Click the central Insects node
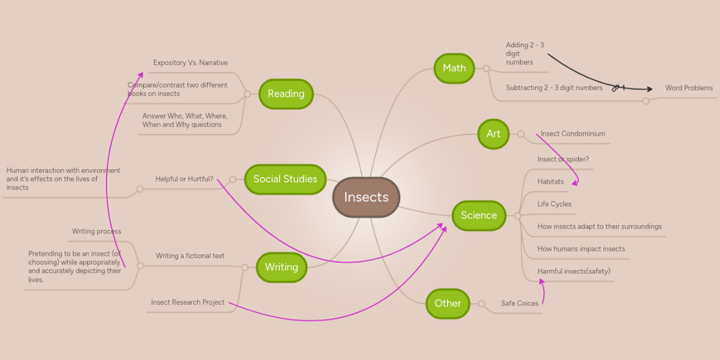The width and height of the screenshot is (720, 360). pyautogui.click(x=366, y=197)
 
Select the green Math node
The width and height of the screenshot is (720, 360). pyautogui.click(x=454, y=68)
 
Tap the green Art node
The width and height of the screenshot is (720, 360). pyautogui.click(x=493, y=134)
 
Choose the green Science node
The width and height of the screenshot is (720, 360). pyautogui.click(x=479, y=215)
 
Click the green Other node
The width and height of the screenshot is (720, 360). pyautogui.click(x=448, y=303)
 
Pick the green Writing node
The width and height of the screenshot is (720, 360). pyautogui.click(x=281, y=267)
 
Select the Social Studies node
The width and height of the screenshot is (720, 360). pyautogui.click(x=285, y=179)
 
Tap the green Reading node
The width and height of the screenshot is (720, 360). pyautogui.click(x=286, y=94)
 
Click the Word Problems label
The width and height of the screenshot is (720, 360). pyautogui.click(x=689, y=88)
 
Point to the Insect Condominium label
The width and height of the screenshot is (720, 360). pyautogui.click(x=572, y=134)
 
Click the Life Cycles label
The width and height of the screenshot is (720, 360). pyautogui.click(x=554, y=204)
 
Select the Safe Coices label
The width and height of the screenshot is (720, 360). pyautogui.click(x=520, y=304)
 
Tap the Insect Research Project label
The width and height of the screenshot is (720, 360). pyautogui.click(x=188, y=302)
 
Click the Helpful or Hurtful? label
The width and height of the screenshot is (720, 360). pyautogui.click(x=184, y=179)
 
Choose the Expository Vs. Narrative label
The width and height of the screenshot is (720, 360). pyautogui.click(x=190, y=63)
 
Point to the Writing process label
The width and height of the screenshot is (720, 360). pyautogui.click(x=97, y=232)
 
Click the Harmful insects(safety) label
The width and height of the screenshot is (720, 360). pyautogui.click(x=574, y=271)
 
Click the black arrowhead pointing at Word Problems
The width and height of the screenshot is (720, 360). pyautogui.click(x=649, y=89)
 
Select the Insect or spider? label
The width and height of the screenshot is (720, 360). pyautogui.click(x=563, y=160)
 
